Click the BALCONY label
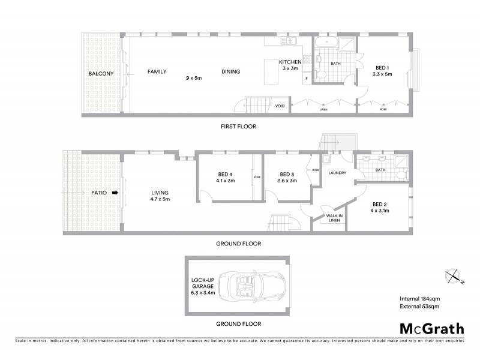click(101, 73)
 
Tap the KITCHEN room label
click(290, 62)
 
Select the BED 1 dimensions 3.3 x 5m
click(382, 74)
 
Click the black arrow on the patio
click(115, 193)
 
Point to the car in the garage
click(246, 286)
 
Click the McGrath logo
click(431, 328)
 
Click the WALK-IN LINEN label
click(334, 218)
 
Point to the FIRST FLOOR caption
click(239, 127)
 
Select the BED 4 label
click(226, 175)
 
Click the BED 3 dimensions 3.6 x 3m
click(286, 181)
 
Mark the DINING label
click(230, 71)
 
